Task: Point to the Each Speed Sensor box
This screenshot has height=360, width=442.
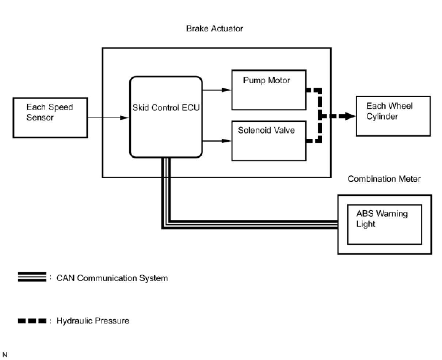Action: pos(50,118)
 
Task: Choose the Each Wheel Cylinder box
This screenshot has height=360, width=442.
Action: pos(393,116)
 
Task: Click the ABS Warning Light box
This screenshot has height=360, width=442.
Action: pos(384,224)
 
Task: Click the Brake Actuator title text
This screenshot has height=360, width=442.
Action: pos(214,28)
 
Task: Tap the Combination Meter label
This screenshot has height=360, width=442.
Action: pos(384,179)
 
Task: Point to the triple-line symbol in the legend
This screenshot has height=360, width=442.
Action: pos(32,277)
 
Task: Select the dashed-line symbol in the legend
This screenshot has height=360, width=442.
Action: pos(32,321)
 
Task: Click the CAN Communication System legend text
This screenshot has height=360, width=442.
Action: pos(112,278)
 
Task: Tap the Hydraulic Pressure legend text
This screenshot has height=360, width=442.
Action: pos(93,321)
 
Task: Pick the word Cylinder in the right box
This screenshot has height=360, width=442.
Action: pos(382,116)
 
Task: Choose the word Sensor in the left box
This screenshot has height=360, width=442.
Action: pos(40,118)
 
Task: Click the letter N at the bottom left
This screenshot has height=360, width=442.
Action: pos(5,355)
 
